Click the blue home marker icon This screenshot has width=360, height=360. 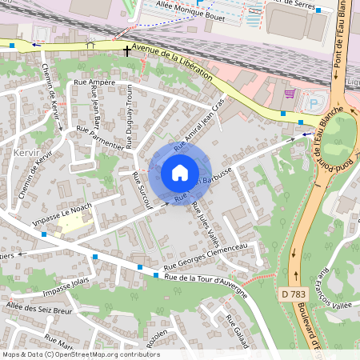click(180, 172)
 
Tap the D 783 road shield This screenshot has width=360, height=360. click(294, 295)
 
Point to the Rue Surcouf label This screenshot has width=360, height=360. click(142, 190)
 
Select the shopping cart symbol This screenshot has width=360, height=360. click(289, 93)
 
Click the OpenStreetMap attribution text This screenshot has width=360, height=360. click(81, 354)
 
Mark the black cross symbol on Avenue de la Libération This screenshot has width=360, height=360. click(126, 50)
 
